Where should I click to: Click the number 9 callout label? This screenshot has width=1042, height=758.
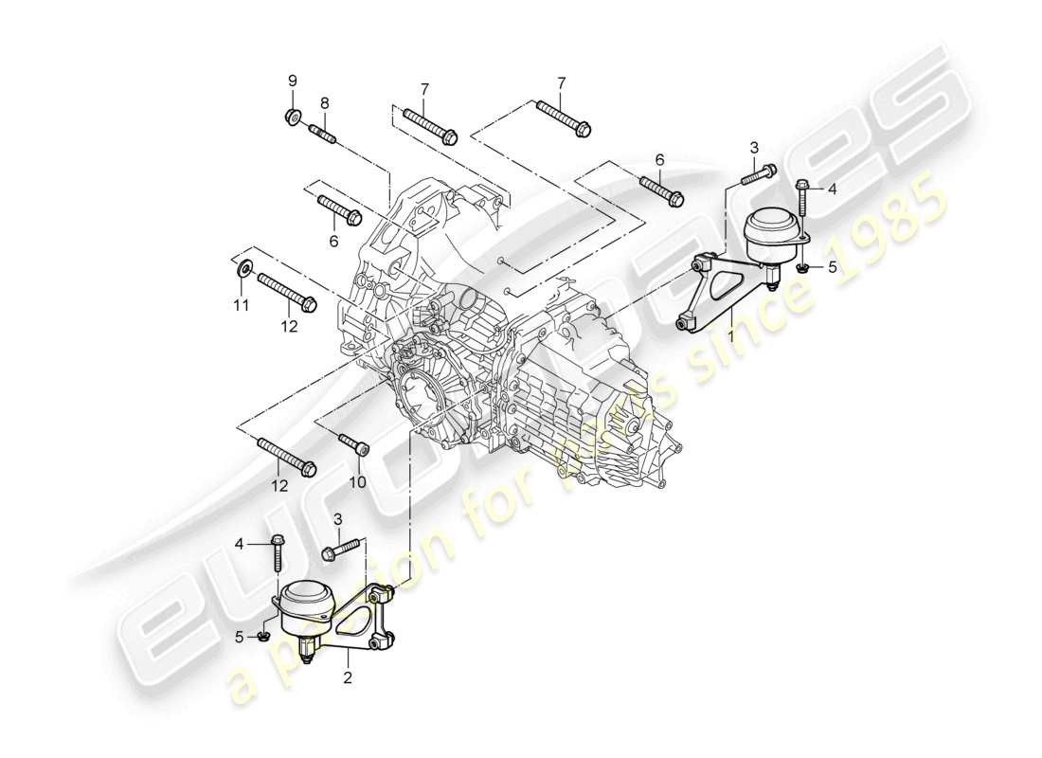click(x=293, y=80)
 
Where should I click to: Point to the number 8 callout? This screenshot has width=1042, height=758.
click(x=324, y=102)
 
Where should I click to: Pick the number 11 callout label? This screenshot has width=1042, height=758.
click(x=241, y=304)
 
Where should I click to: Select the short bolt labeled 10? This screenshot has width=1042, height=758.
click(x=354, y=442)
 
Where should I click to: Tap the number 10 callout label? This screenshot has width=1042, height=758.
click(x=358, y=481)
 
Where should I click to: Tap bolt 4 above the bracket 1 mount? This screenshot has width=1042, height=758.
click(x=802, y=201)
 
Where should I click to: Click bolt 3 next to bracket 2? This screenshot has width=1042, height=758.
click(x=342, y=547)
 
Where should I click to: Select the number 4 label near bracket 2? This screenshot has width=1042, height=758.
click(x=240, y=543)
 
